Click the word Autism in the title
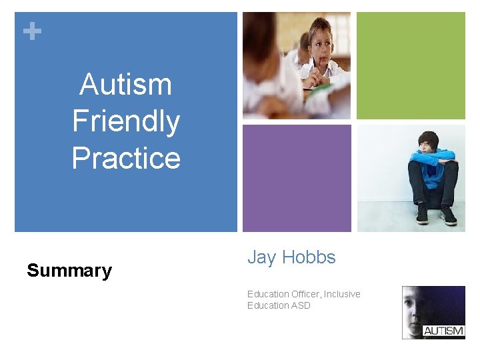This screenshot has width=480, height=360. (125, 85)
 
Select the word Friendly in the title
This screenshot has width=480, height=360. (125, 121)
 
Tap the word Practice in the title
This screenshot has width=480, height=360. (125, 158)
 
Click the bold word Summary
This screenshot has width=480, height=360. (69, 271)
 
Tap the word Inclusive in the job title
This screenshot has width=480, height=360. (342, 294)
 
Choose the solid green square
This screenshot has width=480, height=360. (411, 65)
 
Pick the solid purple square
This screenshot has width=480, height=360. (297, 178)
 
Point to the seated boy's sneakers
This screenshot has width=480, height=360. (435, 215)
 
